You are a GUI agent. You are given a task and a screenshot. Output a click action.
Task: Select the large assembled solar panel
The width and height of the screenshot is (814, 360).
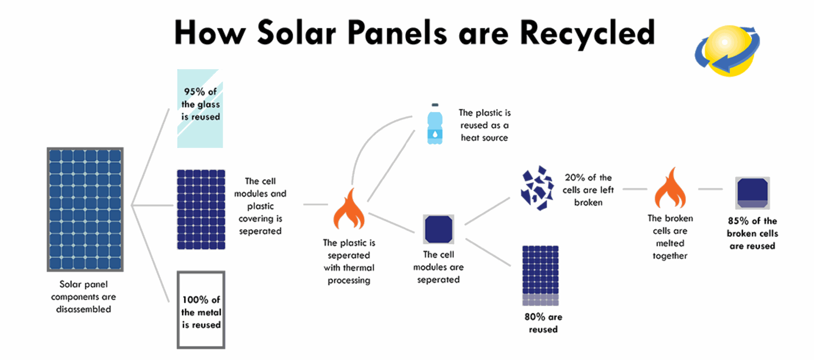coord(85,209)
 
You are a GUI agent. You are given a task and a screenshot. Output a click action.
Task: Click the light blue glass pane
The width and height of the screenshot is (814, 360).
coord(200,109)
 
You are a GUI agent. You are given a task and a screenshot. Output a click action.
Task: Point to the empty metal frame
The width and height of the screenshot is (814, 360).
coord(178,310)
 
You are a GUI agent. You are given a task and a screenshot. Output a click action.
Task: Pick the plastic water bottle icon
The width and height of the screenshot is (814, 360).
coord(435,124)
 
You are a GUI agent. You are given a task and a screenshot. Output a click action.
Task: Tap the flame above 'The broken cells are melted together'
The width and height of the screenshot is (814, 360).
coord(670,187)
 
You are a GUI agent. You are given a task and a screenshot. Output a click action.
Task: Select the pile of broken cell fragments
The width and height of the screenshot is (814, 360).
coord(537,188)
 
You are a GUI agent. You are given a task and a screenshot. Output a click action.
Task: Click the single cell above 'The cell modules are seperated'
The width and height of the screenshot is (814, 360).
coord(439,229)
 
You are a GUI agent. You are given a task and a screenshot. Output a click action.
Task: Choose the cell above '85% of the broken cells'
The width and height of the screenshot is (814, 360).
coord(753,193)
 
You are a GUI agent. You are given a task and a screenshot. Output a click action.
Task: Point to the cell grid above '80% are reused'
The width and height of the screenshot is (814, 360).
coord(541,276)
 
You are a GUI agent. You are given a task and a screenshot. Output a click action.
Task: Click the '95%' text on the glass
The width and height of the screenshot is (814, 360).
coord(194,92)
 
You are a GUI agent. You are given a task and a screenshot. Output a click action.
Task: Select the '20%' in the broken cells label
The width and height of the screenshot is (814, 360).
coord(574,178)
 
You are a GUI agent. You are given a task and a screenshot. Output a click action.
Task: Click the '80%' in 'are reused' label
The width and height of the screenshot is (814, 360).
coord(535,317)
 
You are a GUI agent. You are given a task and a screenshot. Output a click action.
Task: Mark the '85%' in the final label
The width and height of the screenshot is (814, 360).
coord(738,221)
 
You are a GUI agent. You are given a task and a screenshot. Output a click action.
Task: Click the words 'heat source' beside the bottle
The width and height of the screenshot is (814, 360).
coord(484,138)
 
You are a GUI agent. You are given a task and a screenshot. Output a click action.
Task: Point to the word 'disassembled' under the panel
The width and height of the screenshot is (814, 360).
coord(84,309)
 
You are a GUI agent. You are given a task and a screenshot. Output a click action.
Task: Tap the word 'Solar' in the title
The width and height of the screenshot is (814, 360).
coord(296,33)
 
